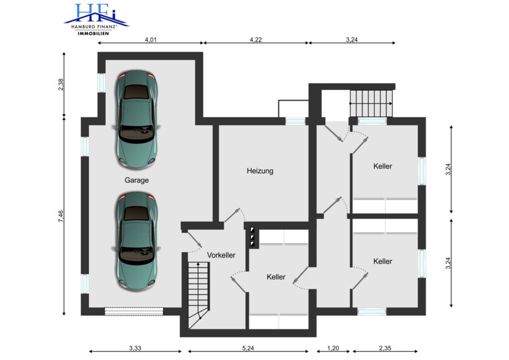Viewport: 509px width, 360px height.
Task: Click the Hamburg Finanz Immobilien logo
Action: [96, 19]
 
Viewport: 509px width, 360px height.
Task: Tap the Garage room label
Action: [137, 180]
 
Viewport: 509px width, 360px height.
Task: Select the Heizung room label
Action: [260, 170]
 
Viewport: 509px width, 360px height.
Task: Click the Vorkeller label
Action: [221, 255]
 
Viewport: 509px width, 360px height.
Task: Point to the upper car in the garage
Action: [137, 119]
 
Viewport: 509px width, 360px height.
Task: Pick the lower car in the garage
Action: [137, 241]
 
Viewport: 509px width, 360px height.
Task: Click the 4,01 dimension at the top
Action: [150, 40]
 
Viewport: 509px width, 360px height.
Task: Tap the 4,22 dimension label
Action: [256, 40]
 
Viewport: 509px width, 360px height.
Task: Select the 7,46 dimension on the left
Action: [61, 216]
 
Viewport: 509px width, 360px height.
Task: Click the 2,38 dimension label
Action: [61, 84]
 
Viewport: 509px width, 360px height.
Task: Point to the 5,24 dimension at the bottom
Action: [248, 348]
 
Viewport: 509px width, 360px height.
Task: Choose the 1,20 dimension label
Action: [333, 348]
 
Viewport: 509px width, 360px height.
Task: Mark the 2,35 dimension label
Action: [385, 348]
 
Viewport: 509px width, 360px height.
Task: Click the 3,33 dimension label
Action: [135, 348]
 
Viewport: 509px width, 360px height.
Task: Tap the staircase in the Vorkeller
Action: [199, 295]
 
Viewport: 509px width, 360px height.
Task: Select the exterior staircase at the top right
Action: [371, 104]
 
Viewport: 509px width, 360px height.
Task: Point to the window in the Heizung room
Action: [295, 121]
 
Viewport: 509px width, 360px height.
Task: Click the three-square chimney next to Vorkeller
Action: [252, 237]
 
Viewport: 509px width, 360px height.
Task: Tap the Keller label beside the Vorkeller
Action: [276, 277]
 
